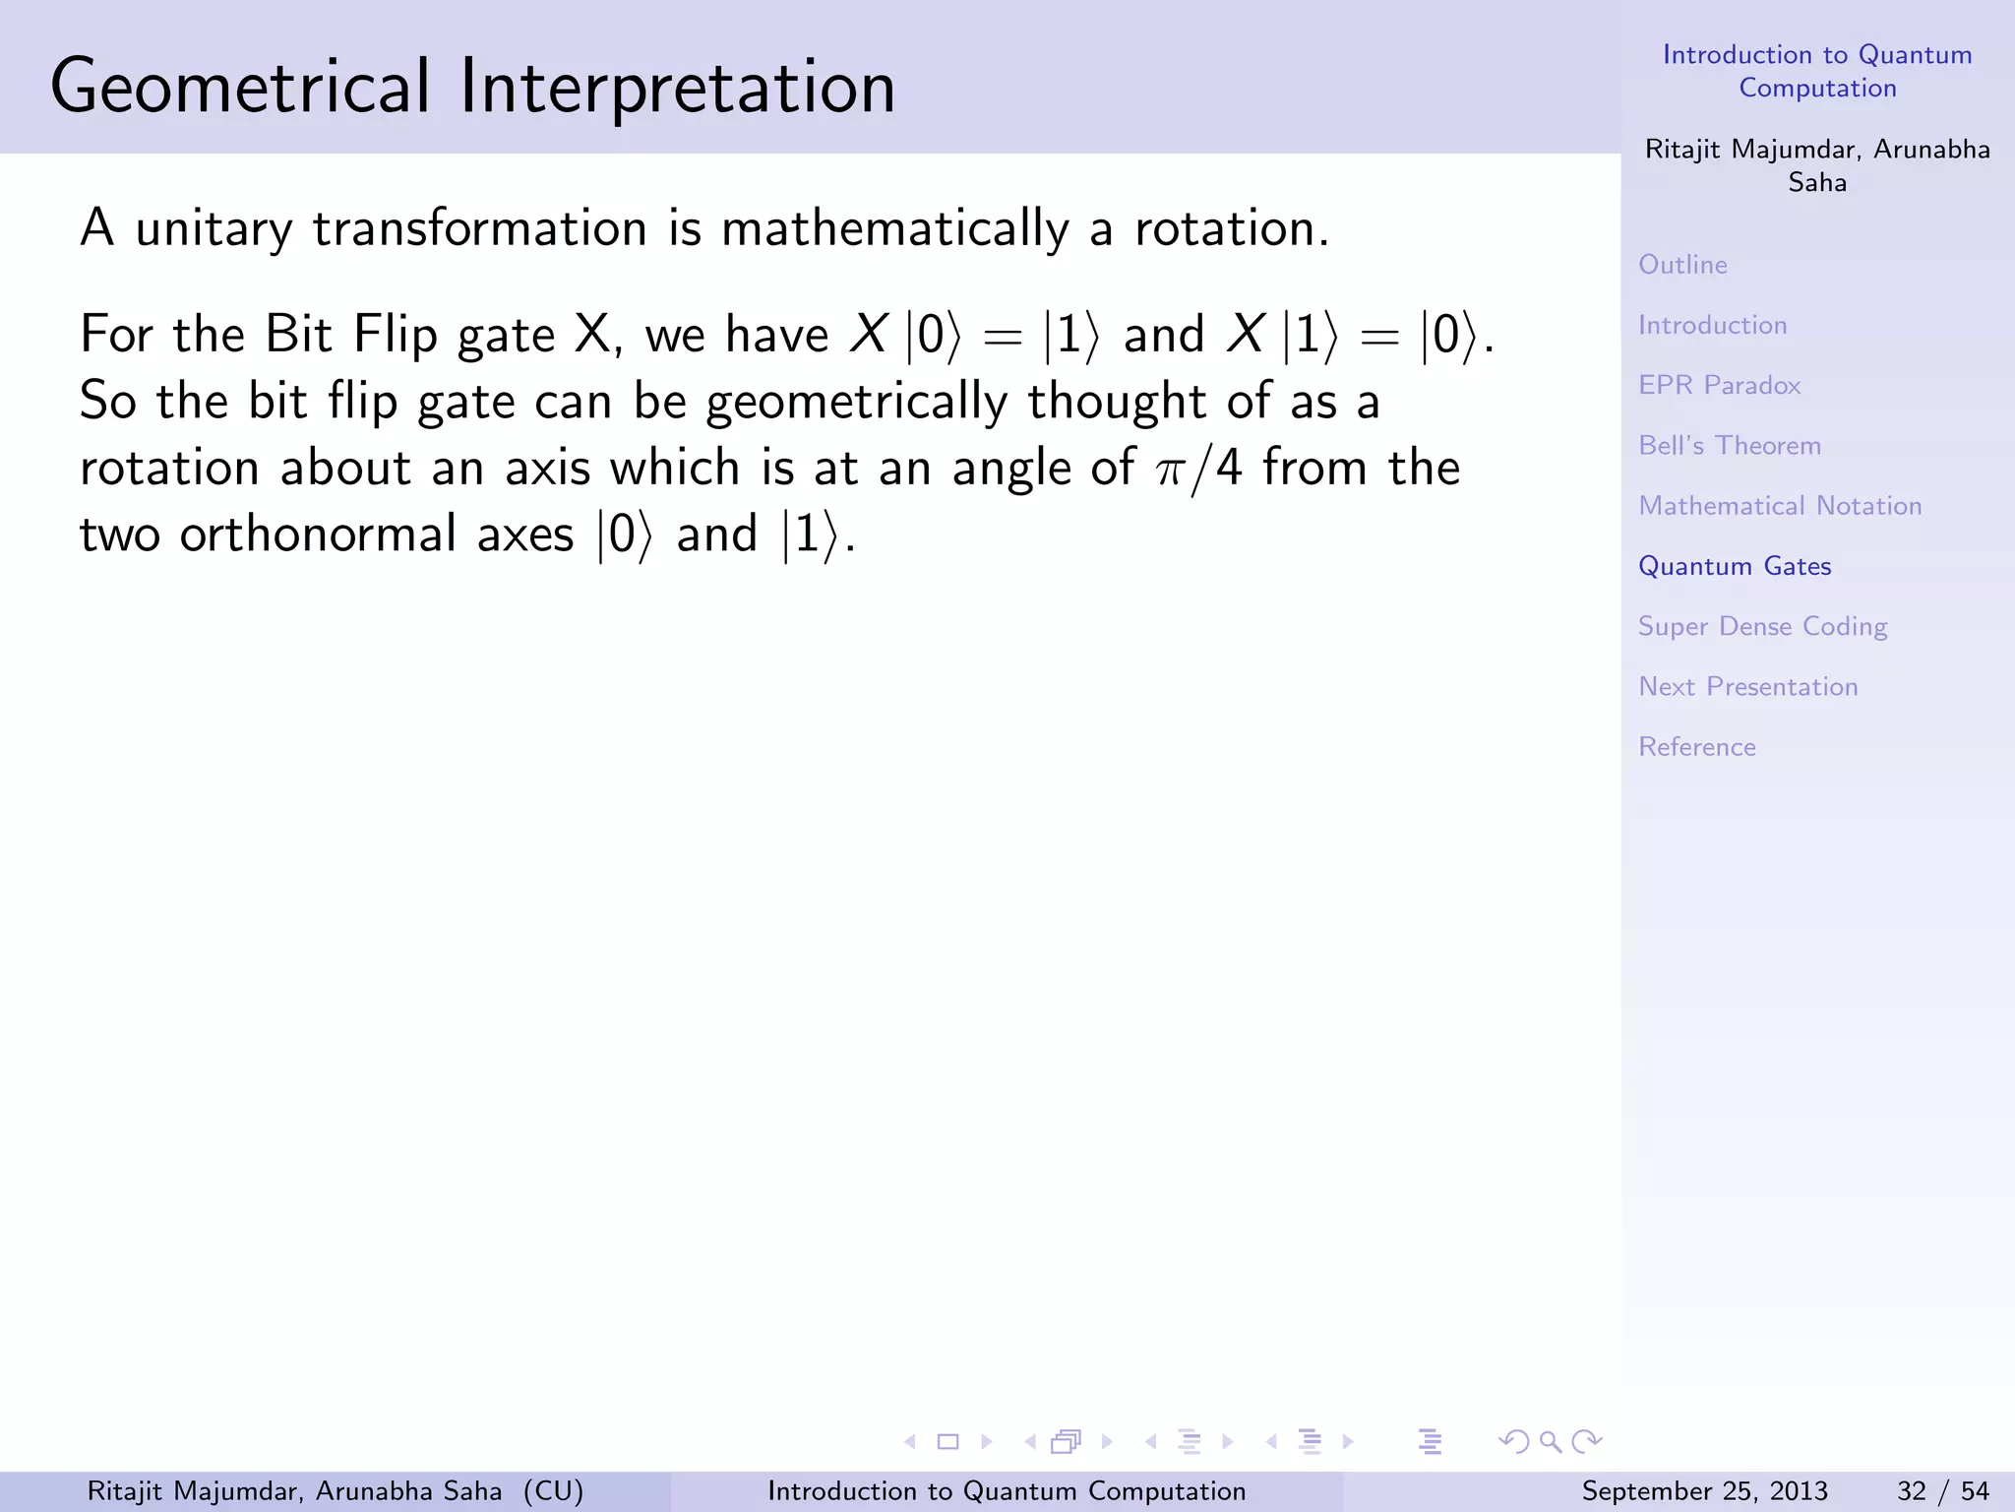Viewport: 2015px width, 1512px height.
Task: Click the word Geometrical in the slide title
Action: click(x=240, y=87)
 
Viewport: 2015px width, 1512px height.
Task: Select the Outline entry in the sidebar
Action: click(x=1682, y=265)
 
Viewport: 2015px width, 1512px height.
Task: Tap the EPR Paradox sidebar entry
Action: click(x=1719, y=385)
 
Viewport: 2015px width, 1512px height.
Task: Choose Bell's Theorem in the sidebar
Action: click(x=1730, y=445)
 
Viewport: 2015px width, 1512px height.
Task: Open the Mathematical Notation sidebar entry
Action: click(x=1780, y=506)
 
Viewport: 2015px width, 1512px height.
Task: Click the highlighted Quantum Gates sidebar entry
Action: click(x=1735, y=566)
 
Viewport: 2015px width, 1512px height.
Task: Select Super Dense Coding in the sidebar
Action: click(x=1762, y=627)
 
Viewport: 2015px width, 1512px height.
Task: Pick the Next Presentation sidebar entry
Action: click(x=1747, y=687)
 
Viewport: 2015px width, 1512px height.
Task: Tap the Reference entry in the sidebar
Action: click(x=1696, y=747)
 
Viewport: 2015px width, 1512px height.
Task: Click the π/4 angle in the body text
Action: click(x=1199, y=468)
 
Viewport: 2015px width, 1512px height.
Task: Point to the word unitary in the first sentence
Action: click(x=214, y=229)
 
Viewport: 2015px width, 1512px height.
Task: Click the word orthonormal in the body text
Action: click(x=318, y=535)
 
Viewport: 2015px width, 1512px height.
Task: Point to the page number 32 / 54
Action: click(x=1942, y=1491)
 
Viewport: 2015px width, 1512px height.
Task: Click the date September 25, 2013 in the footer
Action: click(x=1704, y=1491)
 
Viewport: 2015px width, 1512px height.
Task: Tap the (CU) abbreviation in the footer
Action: click(x=553, y=1491)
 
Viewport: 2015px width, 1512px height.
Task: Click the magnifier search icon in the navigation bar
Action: click(x=1550, y=1442)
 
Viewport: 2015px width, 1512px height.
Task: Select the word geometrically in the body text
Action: click(x=856, y=402)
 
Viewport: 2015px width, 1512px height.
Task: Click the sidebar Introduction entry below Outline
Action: click(x=1712, y=325)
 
